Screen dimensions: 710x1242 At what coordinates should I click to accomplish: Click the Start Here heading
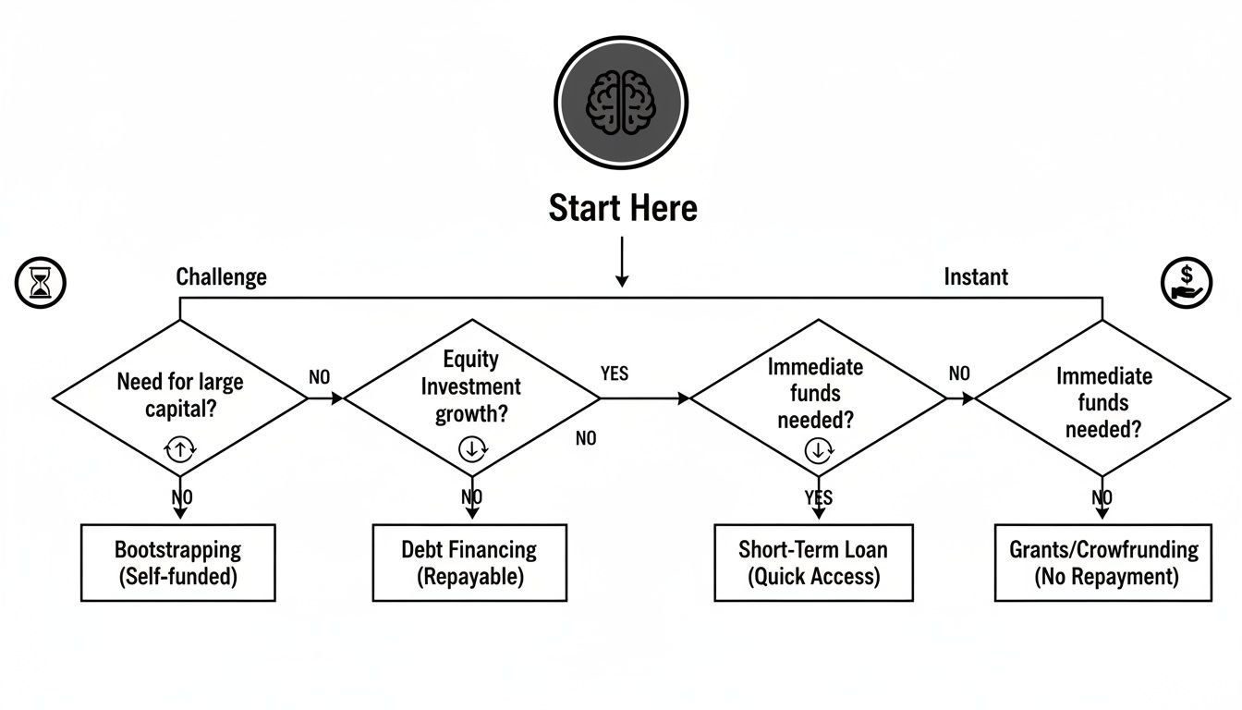tap(622, 208)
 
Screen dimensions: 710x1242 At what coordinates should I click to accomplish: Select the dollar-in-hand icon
tap(1186, 282)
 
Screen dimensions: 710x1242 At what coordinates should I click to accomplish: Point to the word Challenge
tap(221, 276)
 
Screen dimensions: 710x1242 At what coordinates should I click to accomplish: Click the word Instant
tap(975, 276)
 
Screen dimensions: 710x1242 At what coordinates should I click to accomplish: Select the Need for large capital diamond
tap(180, 398)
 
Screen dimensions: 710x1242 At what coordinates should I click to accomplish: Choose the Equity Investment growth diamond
tap(472, 398)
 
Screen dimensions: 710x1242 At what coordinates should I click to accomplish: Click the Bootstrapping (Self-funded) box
tap(177, 563)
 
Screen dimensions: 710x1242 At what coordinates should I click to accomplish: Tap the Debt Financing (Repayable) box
tap(469, 563)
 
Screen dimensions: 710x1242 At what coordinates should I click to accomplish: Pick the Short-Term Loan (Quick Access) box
tap(813, 563)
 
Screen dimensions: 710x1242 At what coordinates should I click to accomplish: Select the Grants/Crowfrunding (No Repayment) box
tap(1102, 563)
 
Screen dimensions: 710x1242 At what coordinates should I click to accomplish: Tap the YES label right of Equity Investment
tap(614, 373)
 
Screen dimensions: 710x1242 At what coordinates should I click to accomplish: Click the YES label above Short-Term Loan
tap(818, 498)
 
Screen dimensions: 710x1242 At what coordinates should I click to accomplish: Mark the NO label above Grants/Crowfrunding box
tap(1102, 498)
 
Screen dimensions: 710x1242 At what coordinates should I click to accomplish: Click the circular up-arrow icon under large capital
tap(179, 449)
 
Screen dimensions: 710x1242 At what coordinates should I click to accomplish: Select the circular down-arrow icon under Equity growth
tap(472, 449)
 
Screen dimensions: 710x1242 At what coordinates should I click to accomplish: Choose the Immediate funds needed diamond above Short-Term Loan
tap(818, 398)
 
